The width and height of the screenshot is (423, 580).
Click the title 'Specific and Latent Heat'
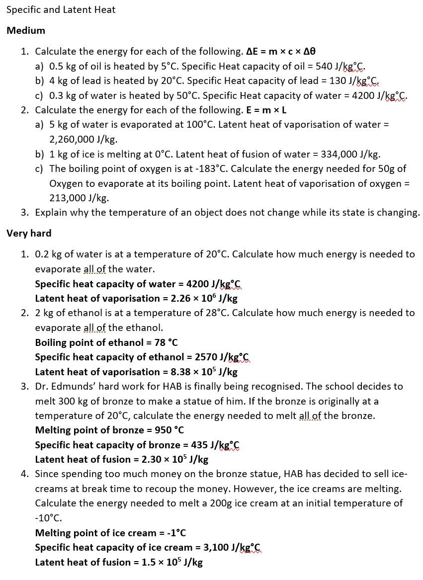coord(61,10)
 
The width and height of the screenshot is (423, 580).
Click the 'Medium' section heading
coord(26,31)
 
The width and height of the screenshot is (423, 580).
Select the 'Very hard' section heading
coord(29,233)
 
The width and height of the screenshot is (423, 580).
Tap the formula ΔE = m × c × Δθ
coord(281,51)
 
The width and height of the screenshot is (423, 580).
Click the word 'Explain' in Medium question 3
coord(51,213)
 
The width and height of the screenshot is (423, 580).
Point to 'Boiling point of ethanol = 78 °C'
coord(106,342)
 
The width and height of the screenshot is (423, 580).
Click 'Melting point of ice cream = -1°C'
coord(110,533)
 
